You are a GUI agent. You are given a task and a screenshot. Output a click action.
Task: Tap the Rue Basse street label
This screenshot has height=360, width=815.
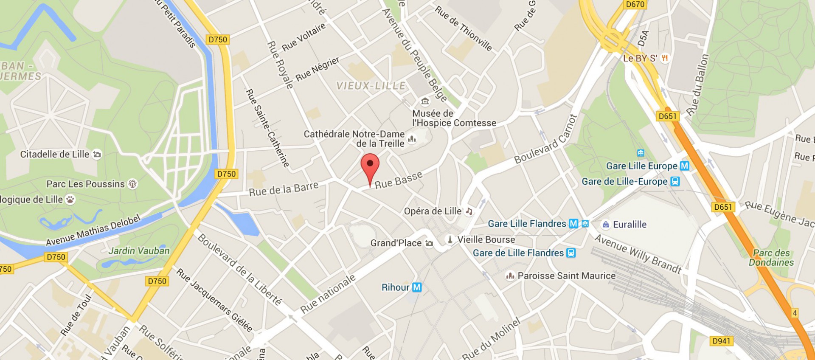(x=398, y=180)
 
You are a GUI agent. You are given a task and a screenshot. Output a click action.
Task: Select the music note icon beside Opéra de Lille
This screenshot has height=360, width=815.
(x=469, y=211)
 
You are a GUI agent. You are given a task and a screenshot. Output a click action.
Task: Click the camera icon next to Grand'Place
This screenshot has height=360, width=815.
(x=429, y=243)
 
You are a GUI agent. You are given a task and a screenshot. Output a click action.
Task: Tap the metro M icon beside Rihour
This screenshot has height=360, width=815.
(x=417, y=287)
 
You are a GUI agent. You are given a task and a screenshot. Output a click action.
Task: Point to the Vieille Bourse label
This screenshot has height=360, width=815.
(x=486, y=240)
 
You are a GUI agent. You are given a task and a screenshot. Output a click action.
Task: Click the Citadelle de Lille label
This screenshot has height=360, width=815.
(x=55, y=155)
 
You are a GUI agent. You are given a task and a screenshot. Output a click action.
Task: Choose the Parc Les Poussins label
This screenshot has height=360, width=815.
(x=85, y=184)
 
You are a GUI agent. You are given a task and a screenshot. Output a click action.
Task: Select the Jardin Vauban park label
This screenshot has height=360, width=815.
(x=139, y=251)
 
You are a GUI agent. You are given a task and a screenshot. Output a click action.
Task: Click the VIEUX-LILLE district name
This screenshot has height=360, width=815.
(x=371, y=86)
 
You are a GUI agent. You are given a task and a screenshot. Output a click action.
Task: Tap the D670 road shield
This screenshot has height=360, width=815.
(x=635, y=5)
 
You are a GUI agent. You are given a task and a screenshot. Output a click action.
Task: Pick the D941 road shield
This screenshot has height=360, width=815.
(x=721, y=341)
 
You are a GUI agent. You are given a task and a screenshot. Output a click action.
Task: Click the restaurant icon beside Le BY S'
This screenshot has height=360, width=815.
(x=665, y=58)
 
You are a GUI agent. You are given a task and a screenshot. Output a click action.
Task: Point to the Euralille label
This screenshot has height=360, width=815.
(x=630, y=225)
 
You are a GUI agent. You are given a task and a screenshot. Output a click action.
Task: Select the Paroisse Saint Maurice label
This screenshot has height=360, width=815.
(x=566, y=276)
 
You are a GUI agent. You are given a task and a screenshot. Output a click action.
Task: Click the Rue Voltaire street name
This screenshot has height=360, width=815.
(x=304, y=37)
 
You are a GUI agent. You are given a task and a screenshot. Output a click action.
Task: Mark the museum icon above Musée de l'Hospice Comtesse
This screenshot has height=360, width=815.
(x=425, y=101)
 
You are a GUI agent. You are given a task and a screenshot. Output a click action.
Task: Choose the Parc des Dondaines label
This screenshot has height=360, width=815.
(x=771, y=258)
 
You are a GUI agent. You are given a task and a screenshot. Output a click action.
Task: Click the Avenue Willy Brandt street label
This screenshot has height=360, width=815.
(x=638, y=253)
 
